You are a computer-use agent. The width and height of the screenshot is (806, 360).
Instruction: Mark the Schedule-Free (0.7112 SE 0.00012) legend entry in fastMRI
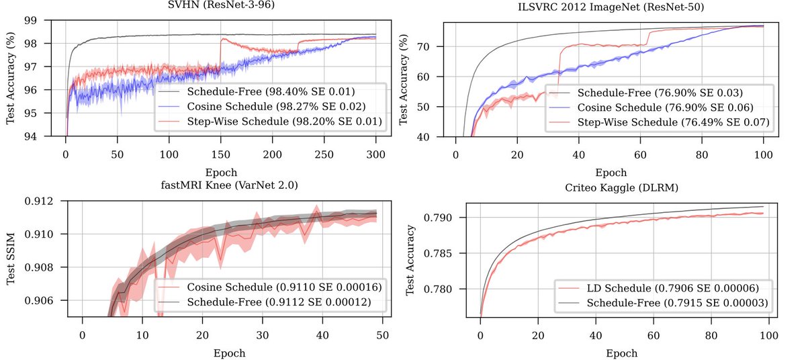pos(276,303)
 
